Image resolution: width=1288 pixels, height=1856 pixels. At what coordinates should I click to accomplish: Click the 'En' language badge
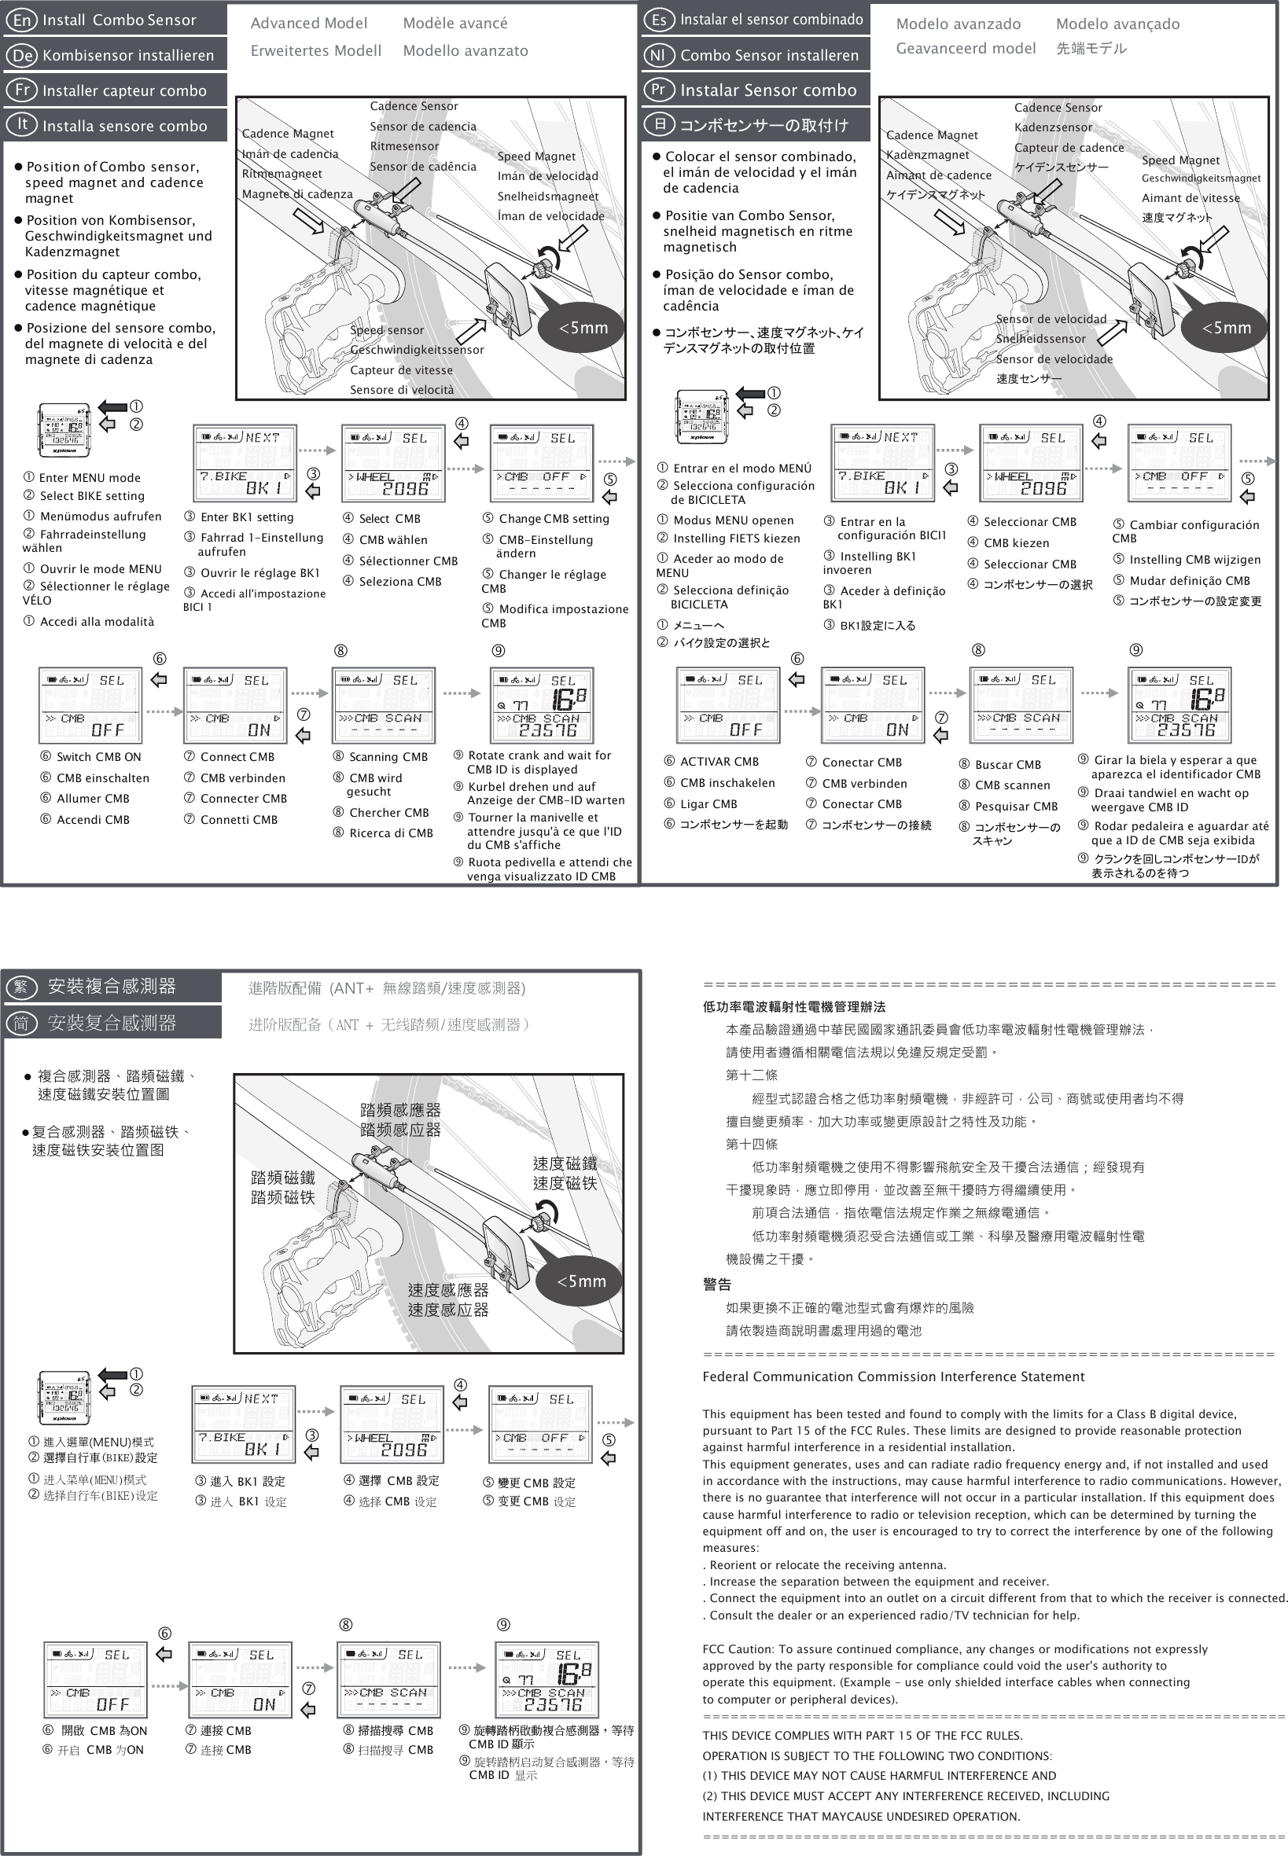point(21,20)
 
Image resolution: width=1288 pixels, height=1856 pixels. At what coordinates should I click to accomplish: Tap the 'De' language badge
point(23,56)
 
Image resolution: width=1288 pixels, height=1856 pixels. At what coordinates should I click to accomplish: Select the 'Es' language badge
point(658,20)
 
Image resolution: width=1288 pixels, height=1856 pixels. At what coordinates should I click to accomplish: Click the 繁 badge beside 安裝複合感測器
point(21,987)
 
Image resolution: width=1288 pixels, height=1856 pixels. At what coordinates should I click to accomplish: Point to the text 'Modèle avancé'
point(455,24)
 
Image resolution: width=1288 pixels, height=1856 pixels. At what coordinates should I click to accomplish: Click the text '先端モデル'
point(1091,49)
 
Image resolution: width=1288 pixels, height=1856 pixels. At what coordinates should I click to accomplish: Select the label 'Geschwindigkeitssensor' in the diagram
point(417,350)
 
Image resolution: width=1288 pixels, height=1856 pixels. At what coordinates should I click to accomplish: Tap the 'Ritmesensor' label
point(404,147)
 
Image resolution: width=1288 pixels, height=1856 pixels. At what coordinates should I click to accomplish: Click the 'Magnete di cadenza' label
point(297,194)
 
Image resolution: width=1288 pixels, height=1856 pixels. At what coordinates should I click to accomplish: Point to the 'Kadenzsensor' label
point(1053,127)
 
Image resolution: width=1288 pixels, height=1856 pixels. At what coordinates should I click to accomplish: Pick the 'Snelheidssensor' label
point(1040,339)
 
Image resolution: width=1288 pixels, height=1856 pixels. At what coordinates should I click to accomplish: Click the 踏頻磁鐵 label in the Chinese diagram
point(282,1178)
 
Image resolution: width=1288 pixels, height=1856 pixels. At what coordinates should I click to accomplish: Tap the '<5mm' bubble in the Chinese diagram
point(581,1281)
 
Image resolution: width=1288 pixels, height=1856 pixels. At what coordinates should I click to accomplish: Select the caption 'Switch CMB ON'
point(98,756)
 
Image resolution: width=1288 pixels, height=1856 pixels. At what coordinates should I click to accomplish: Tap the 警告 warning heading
point(716,1284)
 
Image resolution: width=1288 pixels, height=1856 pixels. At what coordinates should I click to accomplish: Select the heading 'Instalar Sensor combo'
point(767,90)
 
